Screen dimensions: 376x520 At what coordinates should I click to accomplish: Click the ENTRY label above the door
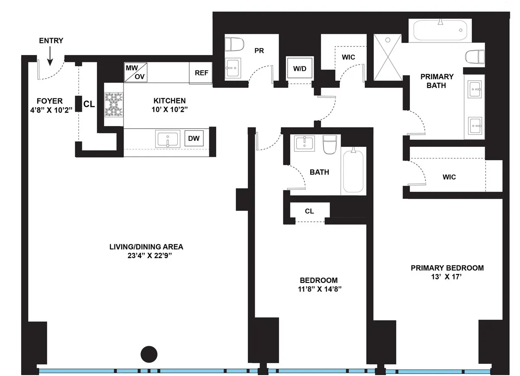click(x=51, y=41)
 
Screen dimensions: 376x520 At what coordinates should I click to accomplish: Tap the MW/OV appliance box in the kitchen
click(x=135, y=72)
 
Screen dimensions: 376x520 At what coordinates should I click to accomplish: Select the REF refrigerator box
click(x=201, y=73)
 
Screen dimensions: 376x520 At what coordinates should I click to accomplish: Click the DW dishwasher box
click(x=194, y=139)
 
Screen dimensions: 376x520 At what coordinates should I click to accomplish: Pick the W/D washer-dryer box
click(x=299, y=68)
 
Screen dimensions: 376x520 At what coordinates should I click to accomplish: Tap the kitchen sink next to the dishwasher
click(x=167, y=140)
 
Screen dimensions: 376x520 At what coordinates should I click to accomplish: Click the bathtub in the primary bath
click(x=440, y=31)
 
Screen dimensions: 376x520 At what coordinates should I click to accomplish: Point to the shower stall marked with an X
click(x=388, y=58)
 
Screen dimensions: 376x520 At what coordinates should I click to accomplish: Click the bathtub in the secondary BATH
click(x=354, y=172)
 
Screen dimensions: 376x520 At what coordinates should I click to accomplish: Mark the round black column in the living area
click(x=149, y=354)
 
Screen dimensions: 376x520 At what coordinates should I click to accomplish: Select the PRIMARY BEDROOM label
click(x=447, y=268)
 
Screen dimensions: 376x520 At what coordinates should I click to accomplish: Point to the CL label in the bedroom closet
click(x=309, y=211)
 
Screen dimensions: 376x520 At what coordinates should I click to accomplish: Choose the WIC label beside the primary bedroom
click(x=449, y=177)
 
